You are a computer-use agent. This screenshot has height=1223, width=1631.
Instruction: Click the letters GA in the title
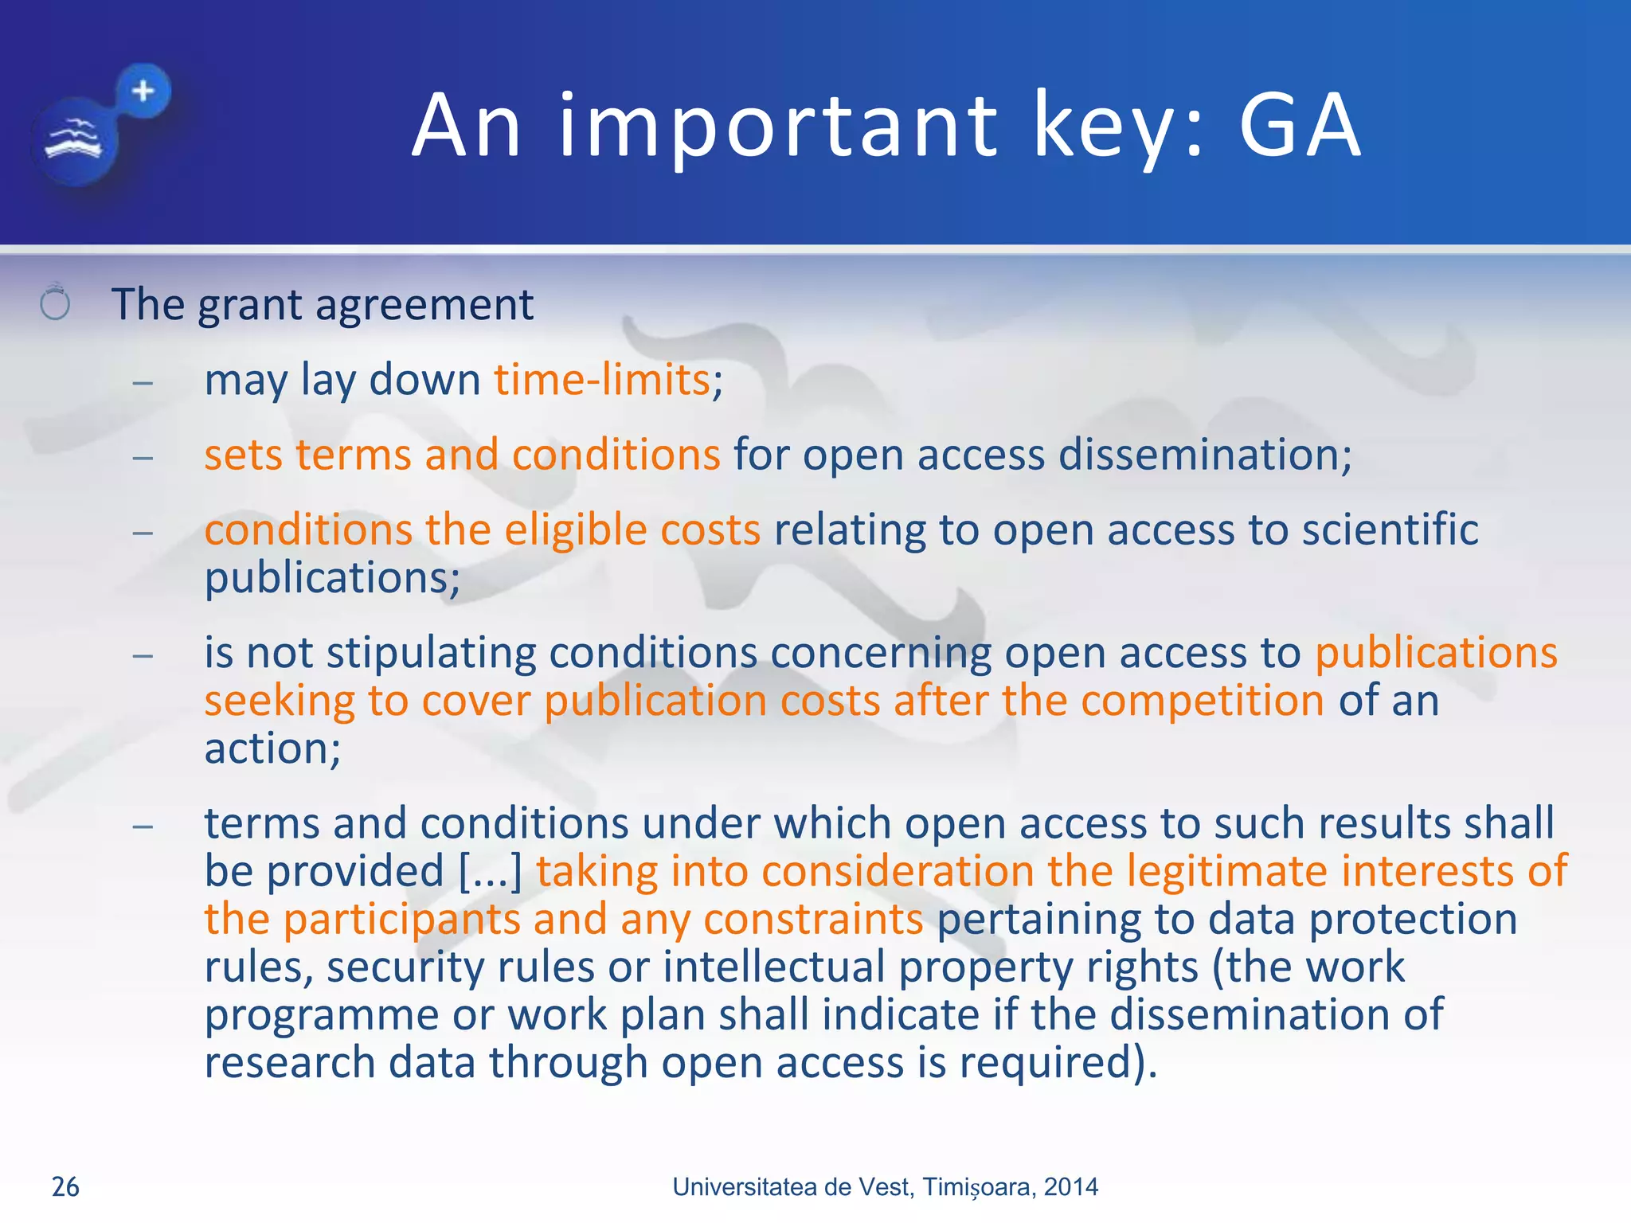coord(1300,126)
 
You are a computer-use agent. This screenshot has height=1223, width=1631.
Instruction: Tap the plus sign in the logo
coord(143,91)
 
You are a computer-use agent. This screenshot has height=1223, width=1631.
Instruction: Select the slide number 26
coord(65,1186)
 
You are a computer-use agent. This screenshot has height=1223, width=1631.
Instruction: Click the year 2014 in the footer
coord(1070,1186)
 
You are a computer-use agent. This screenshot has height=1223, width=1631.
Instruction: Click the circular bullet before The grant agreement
coord(55,303)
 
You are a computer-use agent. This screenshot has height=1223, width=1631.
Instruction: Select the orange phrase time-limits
coord(602,379)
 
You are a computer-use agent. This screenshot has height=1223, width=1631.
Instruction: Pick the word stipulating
coord(431,653)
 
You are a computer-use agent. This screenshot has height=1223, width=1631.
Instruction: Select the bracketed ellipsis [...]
coord(491,871)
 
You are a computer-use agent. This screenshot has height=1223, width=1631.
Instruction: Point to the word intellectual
coord(773,967)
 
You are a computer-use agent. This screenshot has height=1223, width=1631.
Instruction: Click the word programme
coord(321,1016)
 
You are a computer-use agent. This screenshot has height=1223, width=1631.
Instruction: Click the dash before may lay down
coord(143,383)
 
